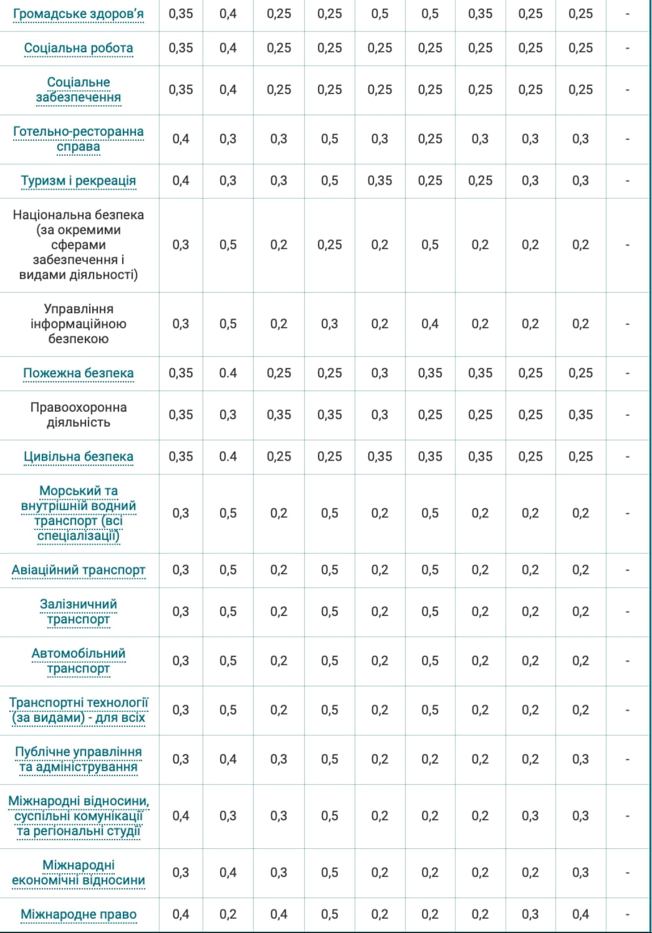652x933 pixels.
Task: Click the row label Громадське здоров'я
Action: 78,14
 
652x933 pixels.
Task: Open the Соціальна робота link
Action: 78,48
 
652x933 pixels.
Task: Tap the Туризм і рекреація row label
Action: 78,181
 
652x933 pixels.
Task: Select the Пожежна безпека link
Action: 78,373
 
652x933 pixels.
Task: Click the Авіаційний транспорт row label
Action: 78,570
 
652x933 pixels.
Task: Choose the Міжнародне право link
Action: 78,915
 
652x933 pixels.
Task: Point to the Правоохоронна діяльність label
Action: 78,415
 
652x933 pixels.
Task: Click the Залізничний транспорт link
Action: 78,612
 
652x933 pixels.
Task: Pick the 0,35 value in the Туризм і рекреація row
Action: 379,181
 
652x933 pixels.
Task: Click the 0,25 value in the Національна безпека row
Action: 329,245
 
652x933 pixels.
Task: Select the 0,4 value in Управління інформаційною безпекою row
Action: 430,324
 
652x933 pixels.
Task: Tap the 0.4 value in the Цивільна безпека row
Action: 228,457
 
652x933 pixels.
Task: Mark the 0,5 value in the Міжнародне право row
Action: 329,915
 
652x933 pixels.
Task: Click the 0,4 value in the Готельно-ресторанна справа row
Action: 180,139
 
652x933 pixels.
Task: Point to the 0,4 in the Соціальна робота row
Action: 228,48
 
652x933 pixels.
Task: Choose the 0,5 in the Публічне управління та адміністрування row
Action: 329,759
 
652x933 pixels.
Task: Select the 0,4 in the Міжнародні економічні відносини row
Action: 228,873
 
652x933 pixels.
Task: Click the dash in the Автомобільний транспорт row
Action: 628,661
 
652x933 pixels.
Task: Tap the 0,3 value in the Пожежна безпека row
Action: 379,373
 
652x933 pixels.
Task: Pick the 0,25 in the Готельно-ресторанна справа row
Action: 430,139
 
